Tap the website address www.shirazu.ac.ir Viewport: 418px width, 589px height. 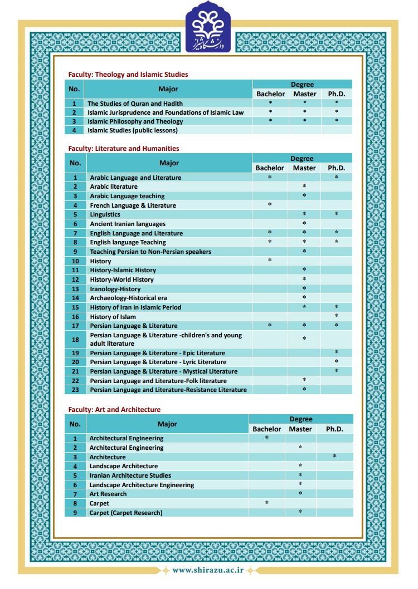pos(208,570)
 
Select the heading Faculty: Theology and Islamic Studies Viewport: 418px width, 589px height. pos(128,74)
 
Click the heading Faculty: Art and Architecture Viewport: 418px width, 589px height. pos(114,409)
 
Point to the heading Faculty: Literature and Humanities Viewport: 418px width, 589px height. pos(123,148)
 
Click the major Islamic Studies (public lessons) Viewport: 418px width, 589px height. pos(132,130)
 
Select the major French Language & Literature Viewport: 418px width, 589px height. pos(133,205)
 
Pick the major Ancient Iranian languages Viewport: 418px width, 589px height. pos(128,224)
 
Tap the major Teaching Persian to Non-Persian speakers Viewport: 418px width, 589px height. pos(150,252)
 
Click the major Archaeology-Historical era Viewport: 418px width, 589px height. pos(128,298)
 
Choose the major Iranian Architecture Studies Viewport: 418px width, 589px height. pos(130,475)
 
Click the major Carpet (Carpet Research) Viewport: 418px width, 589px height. pos(126,513)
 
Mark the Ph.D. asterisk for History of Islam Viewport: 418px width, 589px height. pos(336,316)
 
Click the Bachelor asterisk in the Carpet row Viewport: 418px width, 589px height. pos(266,503)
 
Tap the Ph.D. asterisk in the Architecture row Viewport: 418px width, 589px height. pos(334,457)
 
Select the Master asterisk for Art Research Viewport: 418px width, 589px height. pos(300,494)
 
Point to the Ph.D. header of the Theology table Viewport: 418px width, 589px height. pos(336,94)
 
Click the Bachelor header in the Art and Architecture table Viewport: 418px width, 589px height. pos(266,429)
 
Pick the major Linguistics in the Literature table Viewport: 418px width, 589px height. pos(105,214)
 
